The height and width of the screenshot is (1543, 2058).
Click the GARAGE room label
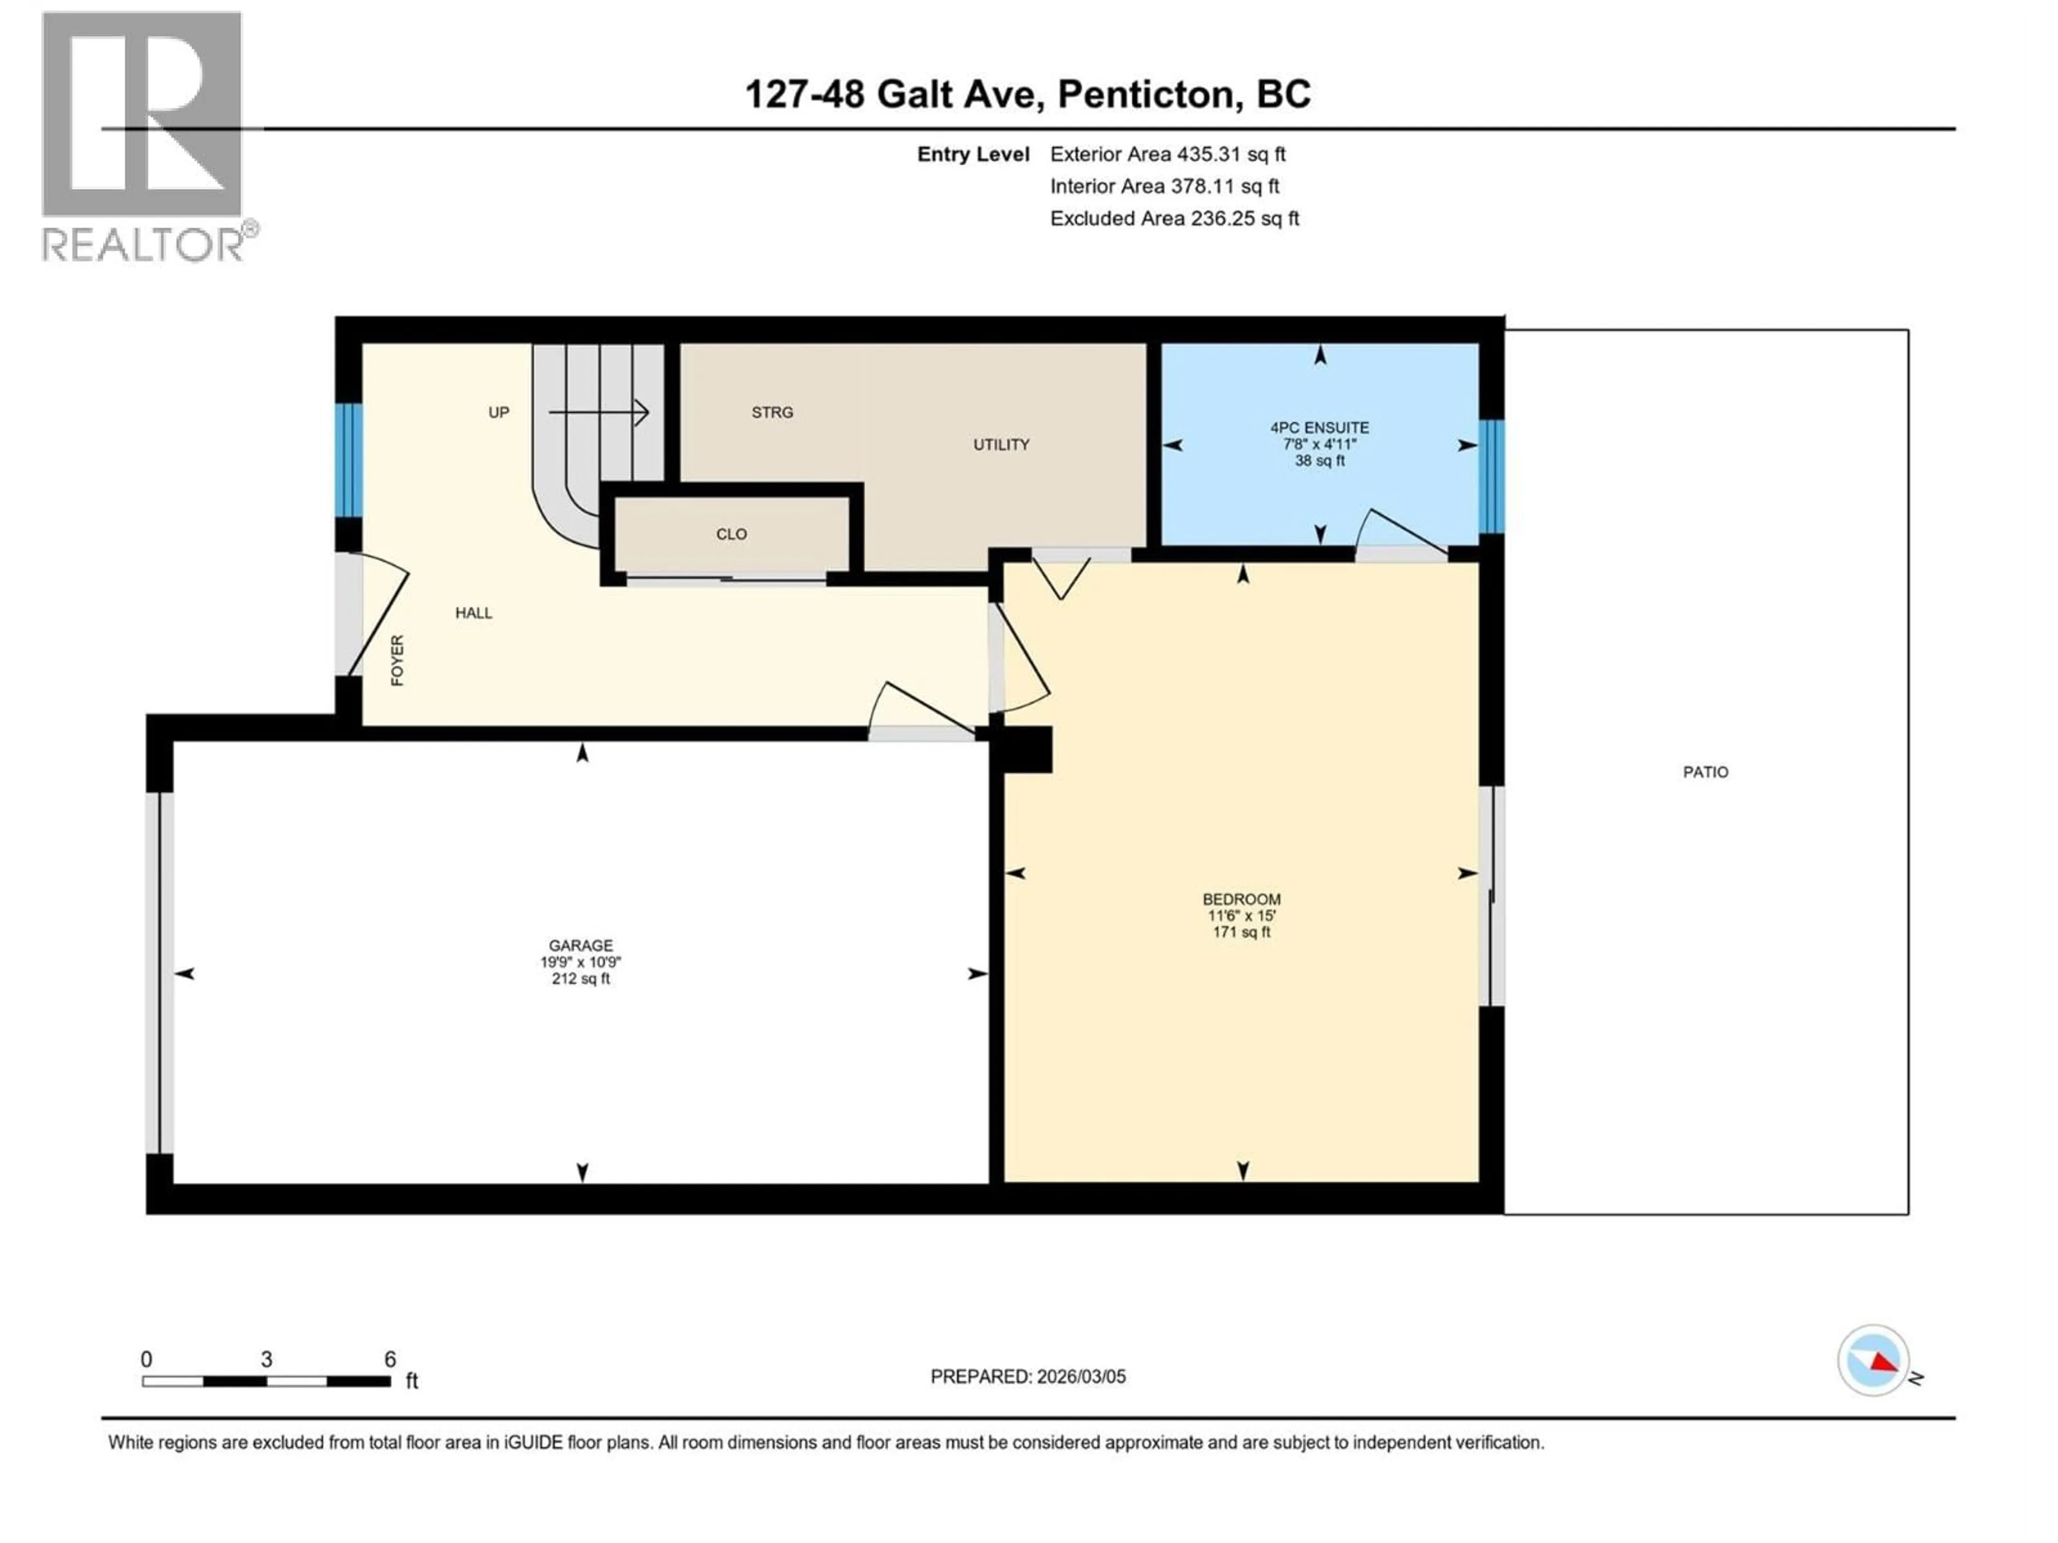point(580,945)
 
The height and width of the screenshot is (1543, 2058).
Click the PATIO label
point(1705,772)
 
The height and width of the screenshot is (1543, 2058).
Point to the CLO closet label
point(731,534)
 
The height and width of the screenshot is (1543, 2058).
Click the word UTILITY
point(1001,445)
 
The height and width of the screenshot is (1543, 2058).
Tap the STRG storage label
point(772,412)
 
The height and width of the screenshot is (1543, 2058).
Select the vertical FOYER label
point(397,661)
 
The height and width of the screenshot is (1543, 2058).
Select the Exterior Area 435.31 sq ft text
point(1168,154)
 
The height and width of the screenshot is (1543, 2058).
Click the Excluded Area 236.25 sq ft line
point(1174,219)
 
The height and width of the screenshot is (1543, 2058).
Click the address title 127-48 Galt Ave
point(1028,94)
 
